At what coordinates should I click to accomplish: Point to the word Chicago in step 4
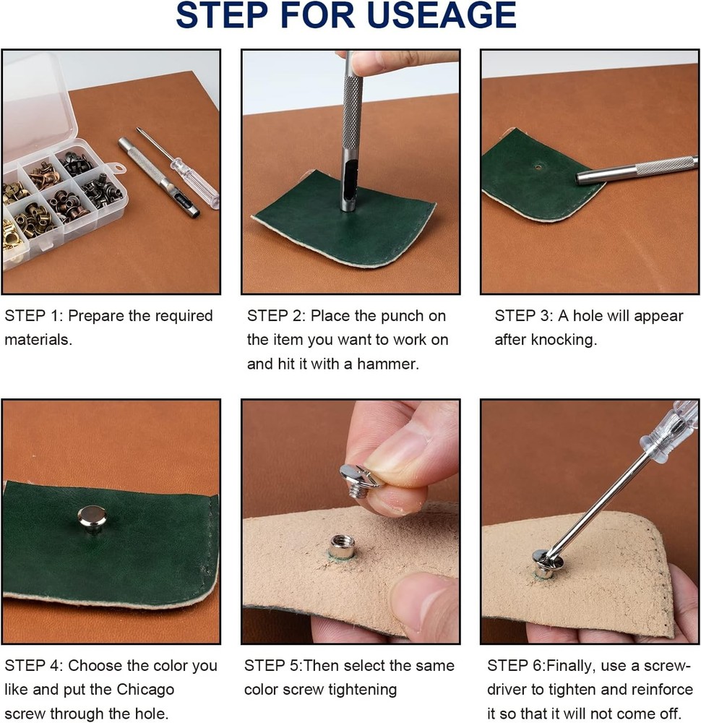click(145, 689)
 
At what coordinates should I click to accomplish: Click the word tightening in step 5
click(362, 690)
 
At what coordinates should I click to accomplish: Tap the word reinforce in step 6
click(658, 689)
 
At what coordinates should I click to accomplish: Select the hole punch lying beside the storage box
click(158, 176)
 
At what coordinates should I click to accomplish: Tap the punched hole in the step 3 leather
click(538, 166)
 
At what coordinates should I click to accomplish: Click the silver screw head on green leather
click(93, 518)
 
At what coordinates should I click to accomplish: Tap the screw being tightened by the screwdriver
click(547, 563)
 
